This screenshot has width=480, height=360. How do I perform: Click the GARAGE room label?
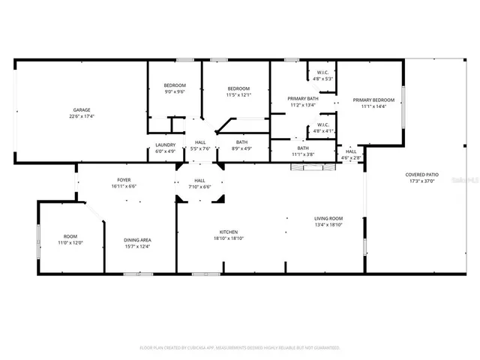82,110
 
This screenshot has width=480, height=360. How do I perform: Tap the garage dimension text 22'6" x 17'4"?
82,116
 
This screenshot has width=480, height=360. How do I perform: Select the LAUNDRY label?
166,145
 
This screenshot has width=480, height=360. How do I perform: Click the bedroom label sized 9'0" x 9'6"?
175,86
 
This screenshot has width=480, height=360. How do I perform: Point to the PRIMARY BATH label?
304,99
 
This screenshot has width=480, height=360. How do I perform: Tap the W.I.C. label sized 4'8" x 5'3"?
322,73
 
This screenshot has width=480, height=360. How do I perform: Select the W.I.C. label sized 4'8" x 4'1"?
322,125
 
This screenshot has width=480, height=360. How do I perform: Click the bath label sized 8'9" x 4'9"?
241,142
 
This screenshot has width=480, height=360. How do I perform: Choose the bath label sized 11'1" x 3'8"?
303,148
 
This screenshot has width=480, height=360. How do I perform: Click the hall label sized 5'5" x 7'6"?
200,142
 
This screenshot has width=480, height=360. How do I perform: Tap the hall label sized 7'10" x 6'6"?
200,180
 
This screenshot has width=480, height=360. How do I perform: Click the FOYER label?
124,180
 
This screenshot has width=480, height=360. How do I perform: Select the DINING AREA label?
137,240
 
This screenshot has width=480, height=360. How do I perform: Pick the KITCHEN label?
229,232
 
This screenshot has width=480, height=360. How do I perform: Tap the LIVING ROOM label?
328,218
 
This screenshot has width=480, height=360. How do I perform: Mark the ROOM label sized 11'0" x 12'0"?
70,237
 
